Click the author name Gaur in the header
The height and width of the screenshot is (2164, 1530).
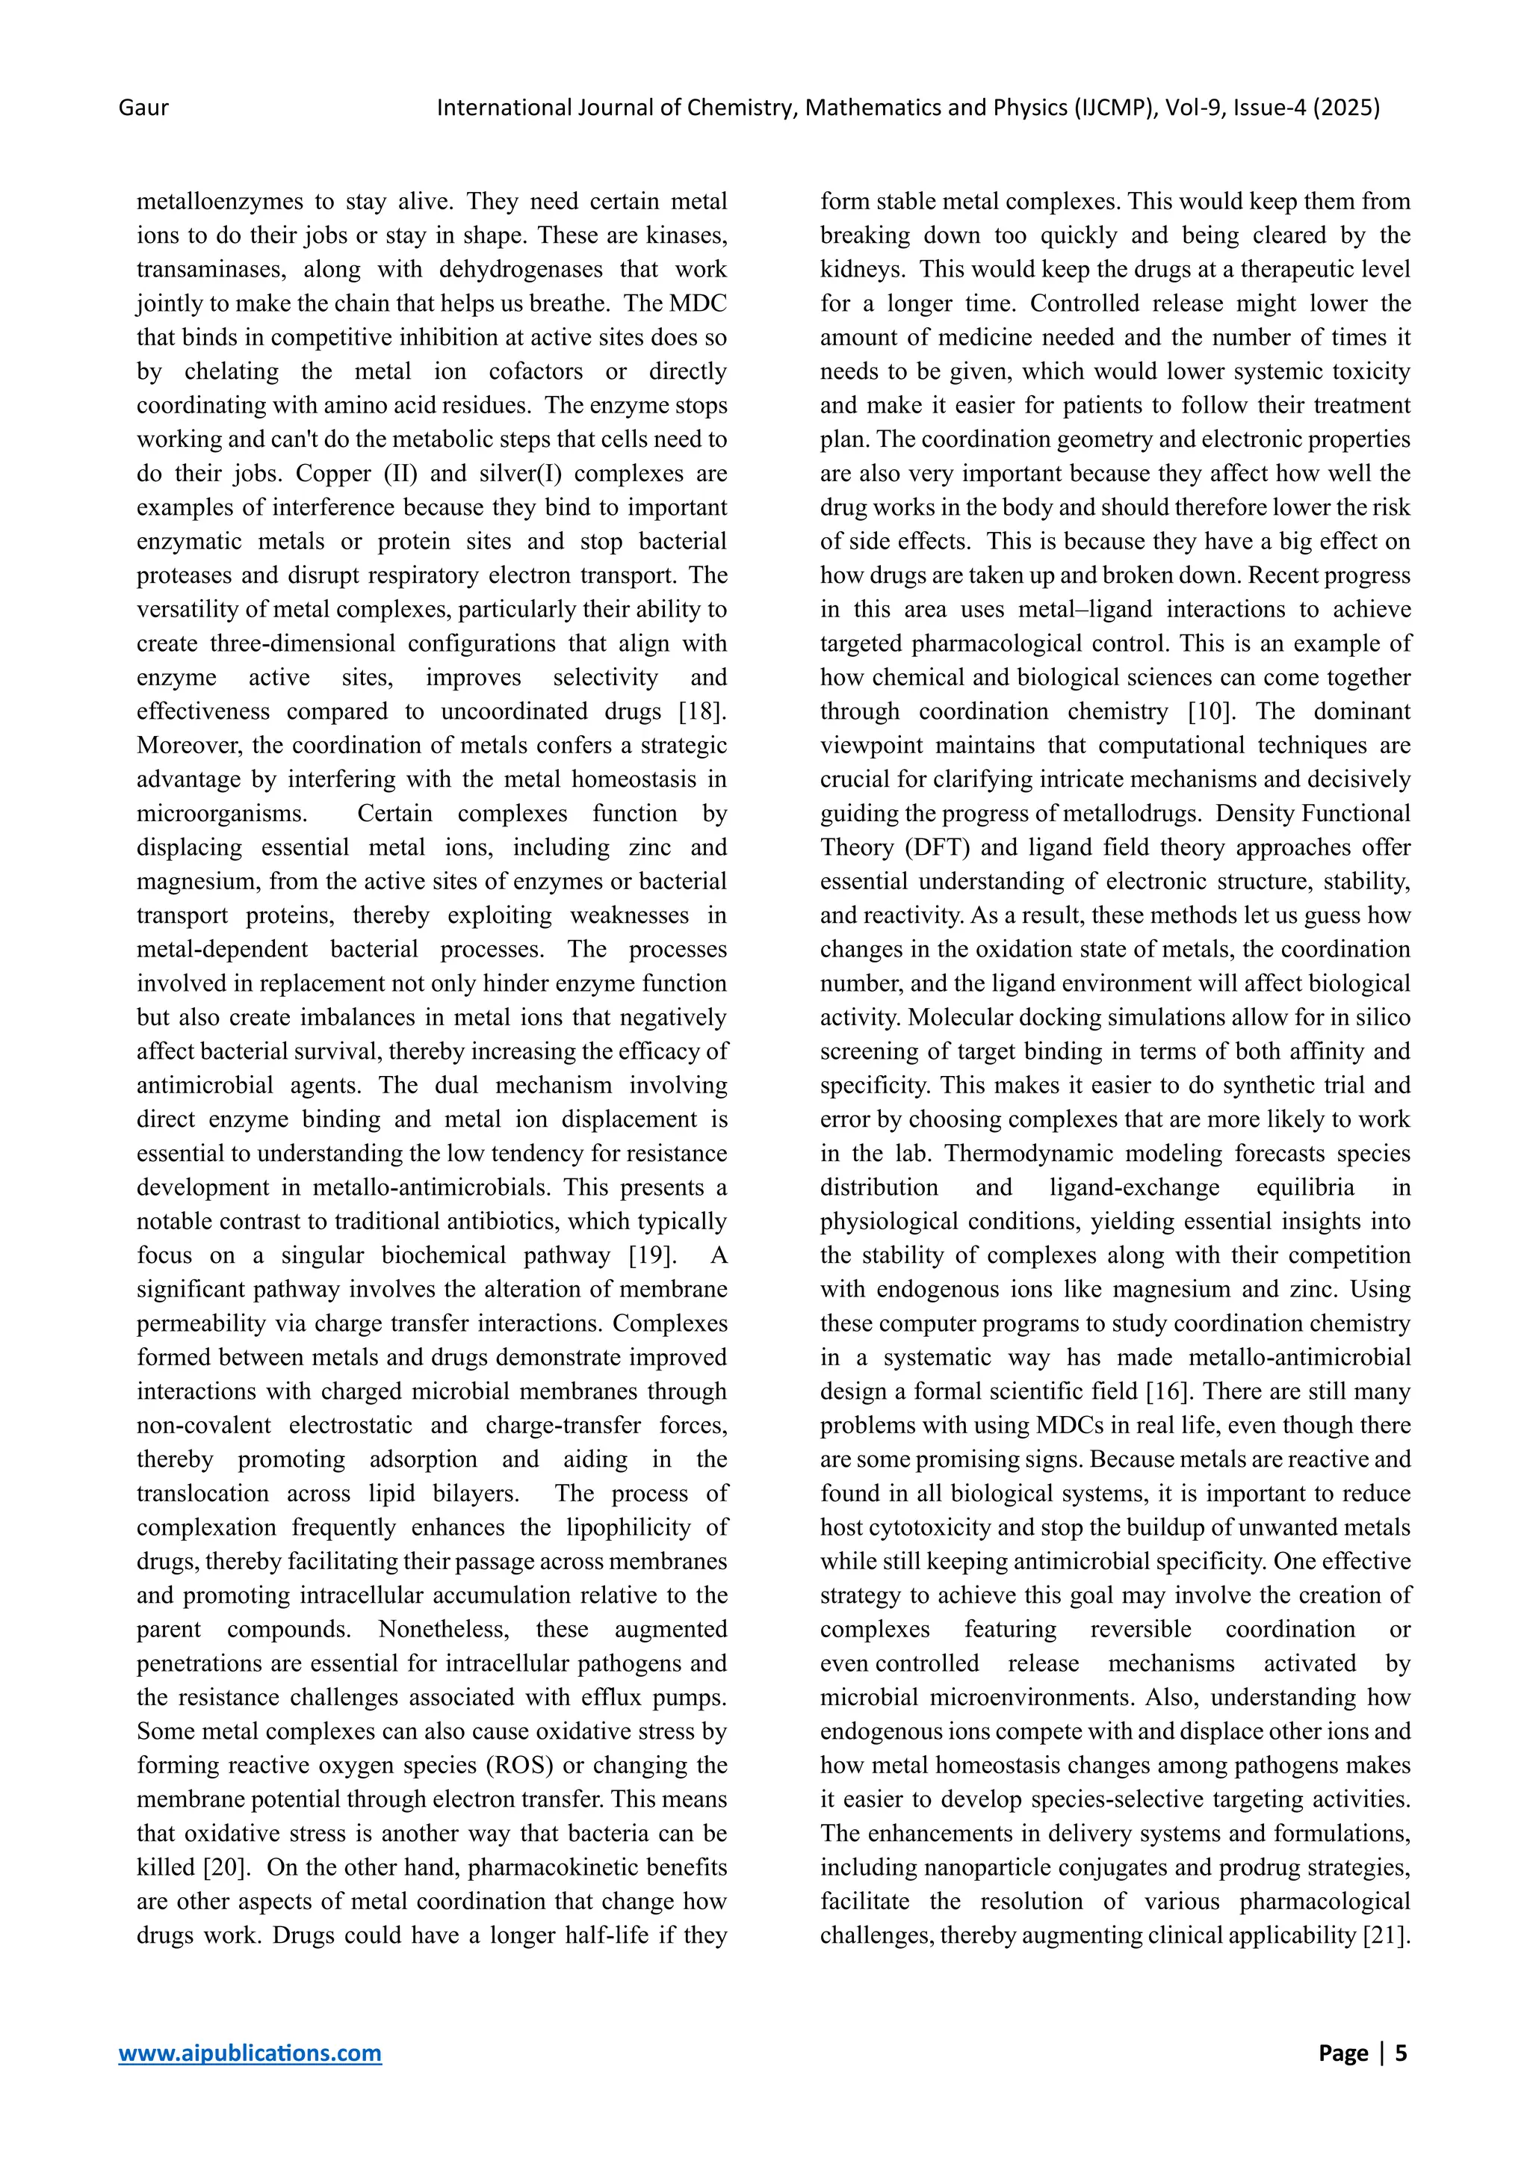pyautogui.click(x=143, y=108)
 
